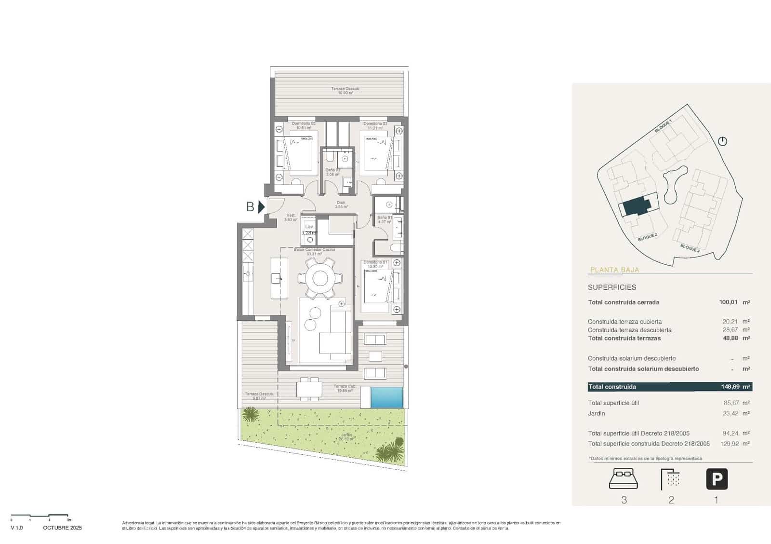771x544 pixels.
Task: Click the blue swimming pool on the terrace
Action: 386,397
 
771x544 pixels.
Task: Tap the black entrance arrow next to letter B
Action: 261,207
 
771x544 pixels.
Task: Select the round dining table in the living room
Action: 320,278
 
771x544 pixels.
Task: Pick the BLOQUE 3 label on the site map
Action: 690,248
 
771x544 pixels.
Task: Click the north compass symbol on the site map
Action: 722,141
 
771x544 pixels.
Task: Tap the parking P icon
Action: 717,479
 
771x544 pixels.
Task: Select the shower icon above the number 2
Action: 671,479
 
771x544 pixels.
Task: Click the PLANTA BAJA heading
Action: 614,270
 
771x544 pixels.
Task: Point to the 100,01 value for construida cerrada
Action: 728,302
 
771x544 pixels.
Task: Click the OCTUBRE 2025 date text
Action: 62,528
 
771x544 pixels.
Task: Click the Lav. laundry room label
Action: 309,227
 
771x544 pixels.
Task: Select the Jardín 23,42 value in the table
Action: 731,413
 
